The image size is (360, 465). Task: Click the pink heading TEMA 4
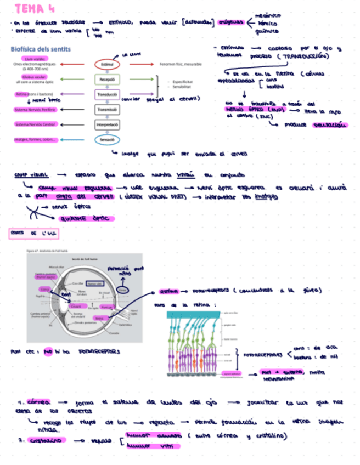coord(35,9)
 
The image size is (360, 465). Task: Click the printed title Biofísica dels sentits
coord(41,49)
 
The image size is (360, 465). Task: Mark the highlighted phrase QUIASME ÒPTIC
coord(89,219)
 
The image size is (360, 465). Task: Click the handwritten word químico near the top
coord(266,31)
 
